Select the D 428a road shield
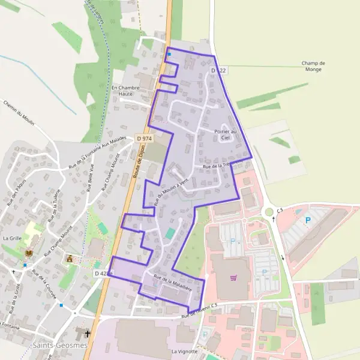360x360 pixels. click(x=103, y=273)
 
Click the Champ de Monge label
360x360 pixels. click(x=313, y=66)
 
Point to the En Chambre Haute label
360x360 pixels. click(x=125, y=91)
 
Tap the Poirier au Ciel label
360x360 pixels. click(x=226, y=134)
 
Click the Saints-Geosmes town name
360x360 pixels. click(x=60, y=346)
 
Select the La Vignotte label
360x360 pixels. click(x=184, y=351)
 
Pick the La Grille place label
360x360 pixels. click(x=12, y=238)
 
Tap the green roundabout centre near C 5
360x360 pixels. click(x=269, y=211)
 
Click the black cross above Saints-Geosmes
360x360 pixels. click(x=88, y=332)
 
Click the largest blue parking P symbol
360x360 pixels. click(x=308, y=220)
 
